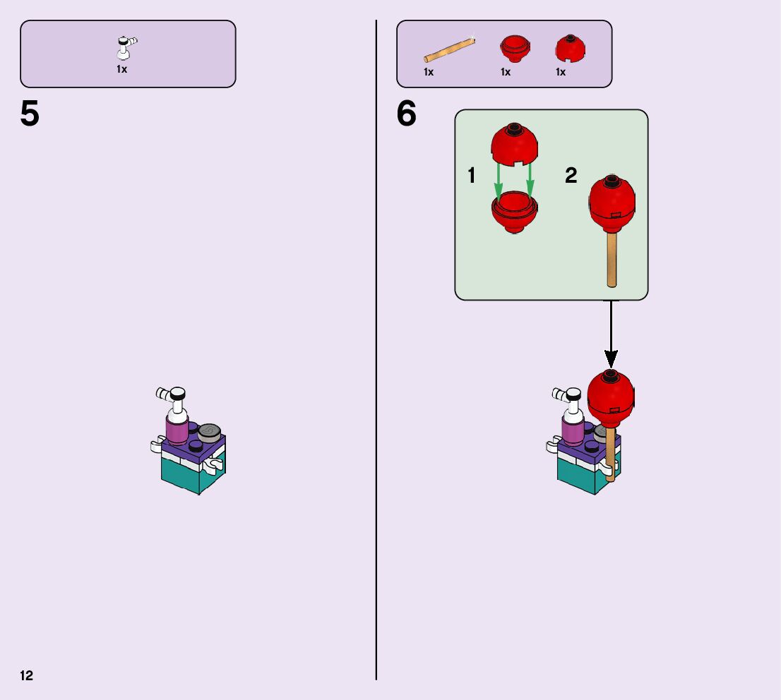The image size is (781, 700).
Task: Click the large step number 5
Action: (x=30, y=114)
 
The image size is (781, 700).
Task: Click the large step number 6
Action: (x=407, y=114)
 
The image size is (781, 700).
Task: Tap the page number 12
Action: (x=26, y=676)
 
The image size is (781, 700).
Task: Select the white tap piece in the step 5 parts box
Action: (x=126, y=49)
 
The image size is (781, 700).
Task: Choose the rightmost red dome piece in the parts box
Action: (x=570, y=49)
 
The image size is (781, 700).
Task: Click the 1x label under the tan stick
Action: (x=429, y=72)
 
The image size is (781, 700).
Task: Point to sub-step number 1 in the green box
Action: (x=472, y=176)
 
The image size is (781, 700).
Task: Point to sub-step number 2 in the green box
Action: (x=571, y=176)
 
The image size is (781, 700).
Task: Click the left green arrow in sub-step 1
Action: (x=499, y=180)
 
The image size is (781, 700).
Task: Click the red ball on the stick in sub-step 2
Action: (x=612, y=204)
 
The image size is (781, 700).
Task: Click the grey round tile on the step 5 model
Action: (x=210, y=431)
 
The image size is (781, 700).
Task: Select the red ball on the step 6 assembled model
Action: (x=611, y=397)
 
